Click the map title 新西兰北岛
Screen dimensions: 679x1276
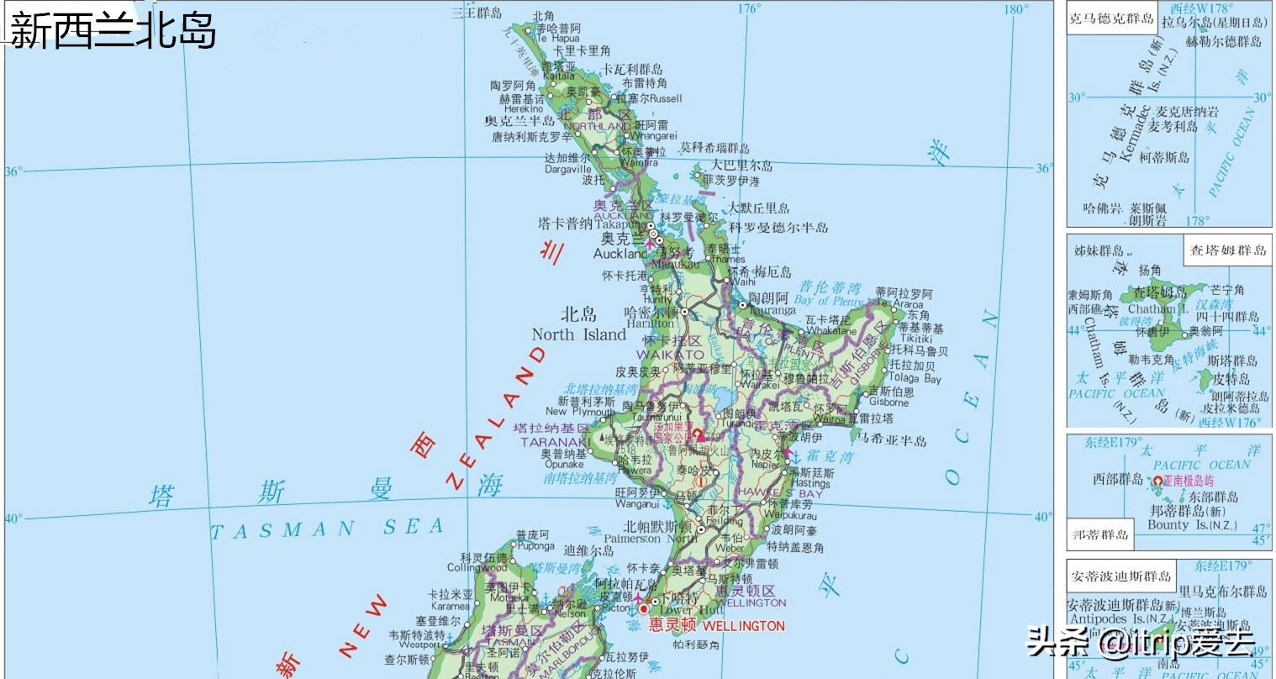click(113, 31)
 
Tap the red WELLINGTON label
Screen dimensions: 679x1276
click(743, 626)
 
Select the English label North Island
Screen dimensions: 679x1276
click(578, 334)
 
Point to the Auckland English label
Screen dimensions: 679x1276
click(620, 253)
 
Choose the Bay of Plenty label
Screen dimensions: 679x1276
click(829, 300)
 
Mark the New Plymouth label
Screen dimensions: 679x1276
click(579, 412)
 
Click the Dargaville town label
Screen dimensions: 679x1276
click(567, 169)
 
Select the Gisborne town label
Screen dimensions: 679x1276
click(889, 403)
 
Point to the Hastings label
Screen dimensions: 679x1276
click(809, 483)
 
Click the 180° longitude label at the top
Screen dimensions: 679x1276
click(1015, 9)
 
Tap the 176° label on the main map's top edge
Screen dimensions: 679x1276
click(748, 8)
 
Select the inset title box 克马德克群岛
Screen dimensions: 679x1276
click(1110, 18)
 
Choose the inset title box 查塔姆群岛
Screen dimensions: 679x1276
click(1227, 250)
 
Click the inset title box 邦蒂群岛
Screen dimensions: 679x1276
click(1099, 534)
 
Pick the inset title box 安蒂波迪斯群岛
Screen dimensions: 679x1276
click(1120, 576)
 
